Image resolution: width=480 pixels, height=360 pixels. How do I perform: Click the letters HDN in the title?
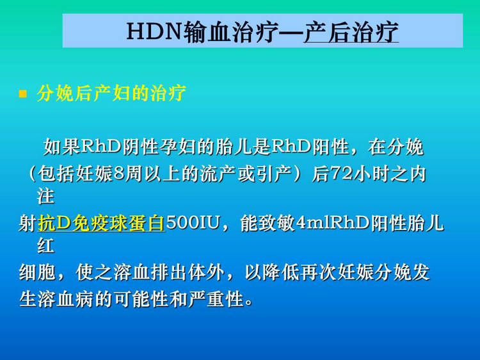coord(155,31)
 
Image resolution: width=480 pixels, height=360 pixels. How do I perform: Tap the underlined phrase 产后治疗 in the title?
coord(351,32)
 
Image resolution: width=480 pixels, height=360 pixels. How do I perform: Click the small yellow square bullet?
coord(22,94)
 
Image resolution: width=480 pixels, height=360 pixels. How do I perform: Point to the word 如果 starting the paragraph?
coord(61,147)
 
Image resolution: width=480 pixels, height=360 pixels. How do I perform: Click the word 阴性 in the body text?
coord(140,147)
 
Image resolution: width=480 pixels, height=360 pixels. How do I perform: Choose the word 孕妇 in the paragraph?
coord(178,147)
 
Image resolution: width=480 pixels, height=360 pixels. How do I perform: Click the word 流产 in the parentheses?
coord(218,174)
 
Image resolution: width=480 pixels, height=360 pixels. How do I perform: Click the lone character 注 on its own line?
coord(45,197)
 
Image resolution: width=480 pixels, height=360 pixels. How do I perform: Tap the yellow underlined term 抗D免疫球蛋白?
coord(101,223)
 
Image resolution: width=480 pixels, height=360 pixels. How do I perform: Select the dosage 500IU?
coord(193,223)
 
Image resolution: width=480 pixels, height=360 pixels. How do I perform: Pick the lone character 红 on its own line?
coord(45,246)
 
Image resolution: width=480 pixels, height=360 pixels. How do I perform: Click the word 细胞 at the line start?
coord(37,272)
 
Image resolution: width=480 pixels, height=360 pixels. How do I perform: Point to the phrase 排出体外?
coord(188,272)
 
